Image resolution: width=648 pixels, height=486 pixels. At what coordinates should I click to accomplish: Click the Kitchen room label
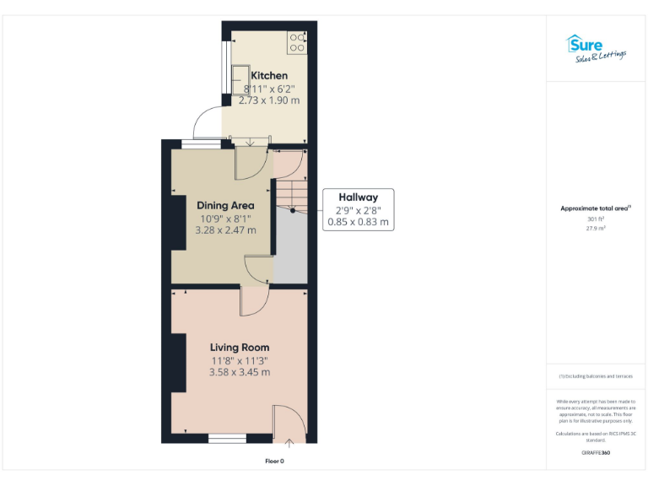pos(269,76)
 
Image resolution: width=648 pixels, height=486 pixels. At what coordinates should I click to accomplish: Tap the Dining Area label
pos(225,205)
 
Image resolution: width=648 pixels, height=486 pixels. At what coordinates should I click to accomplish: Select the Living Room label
pos(240,347)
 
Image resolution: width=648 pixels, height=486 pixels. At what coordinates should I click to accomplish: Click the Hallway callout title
pos(358,196)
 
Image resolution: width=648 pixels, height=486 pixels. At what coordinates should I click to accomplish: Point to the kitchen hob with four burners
pos(296,42)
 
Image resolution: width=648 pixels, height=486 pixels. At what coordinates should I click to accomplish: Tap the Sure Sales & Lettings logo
pos(595,48)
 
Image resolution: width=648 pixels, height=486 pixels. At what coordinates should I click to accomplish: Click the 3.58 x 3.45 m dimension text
pos(240,372)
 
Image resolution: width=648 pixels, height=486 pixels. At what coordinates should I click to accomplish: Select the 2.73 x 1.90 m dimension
pos(269,100)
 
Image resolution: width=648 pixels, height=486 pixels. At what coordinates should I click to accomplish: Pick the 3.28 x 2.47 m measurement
pos(225,229)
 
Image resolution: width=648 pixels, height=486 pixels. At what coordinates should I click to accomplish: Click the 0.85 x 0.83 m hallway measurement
pos(358,222)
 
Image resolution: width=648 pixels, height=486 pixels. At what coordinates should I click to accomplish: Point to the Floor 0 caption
pos(274,461)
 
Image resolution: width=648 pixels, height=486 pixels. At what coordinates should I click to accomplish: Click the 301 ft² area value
pos(596,219)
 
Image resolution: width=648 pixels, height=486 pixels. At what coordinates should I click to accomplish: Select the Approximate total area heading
pos(595,208)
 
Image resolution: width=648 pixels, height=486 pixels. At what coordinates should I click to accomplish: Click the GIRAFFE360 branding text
pos(596,453)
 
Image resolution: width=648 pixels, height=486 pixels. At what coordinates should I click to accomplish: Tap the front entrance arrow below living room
pos(289,441)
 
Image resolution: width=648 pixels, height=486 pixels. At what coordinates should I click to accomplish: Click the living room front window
pos(227,438)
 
